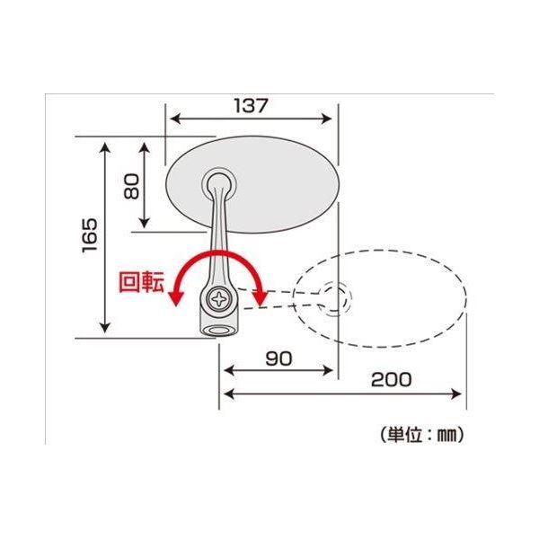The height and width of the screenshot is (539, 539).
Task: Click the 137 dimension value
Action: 251,105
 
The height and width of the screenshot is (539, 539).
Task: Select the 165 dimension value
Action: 90,236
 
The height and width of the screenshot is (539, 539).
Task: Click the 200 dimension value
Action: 391,379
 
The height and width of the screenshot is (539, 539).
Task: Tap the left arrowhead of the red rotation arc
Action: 178,299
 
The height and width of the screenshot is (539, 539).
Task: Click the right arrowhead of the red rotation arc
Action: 260,297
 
